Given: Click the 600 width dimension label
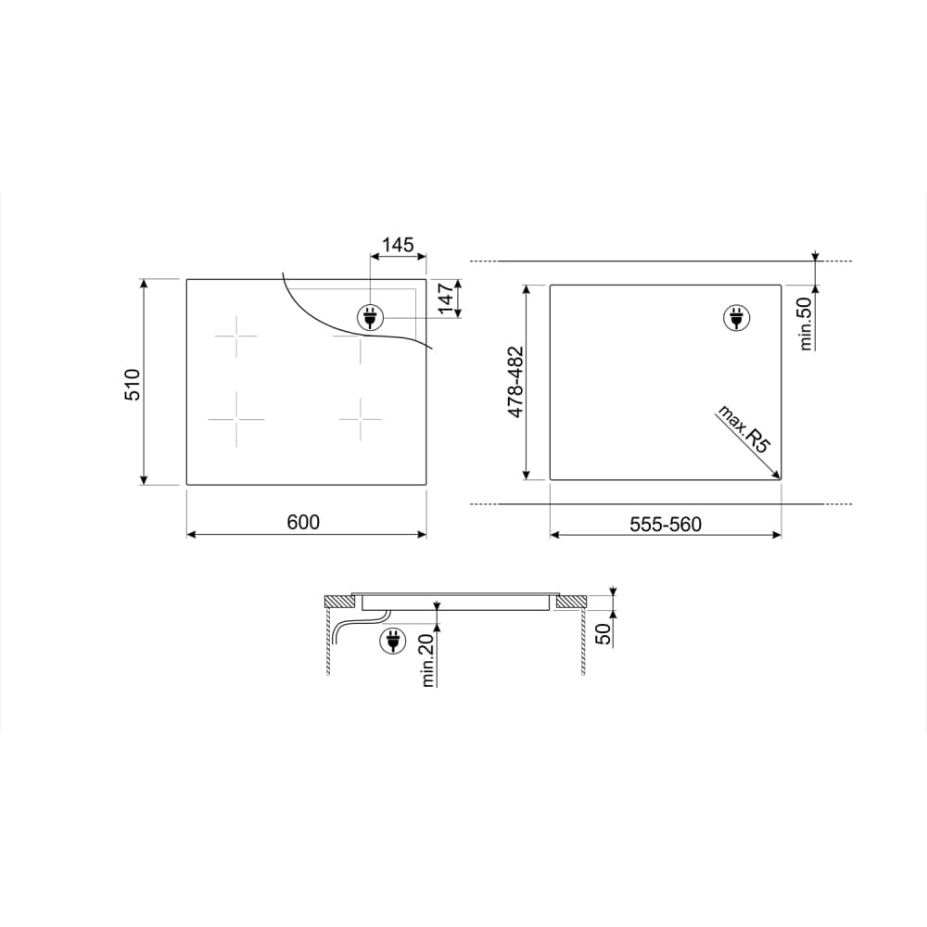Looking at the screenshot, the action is pyautogui.click(x=303, y=522).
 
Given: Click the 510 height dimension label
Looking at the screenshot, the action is pyautogui.click(x=133, y=385).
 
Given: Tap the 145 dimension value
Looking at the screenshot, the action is pyautogui.click(x=398, y=245).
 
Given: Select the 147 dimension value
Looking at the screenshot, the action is pyautogui.click(x=446, y=298).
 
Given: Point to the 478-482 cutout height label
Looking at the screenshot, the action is pyautogui.click(x=516, y=382).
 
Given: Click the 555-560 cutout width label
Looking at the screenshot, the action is pyautogui.click(x=665, y=525).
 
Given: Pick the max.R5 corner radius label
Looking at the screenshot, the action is pyautogui.click(x=744, y=429).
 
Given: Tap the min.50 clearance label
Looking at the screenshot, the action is pyautogui.click(x=805, y=324).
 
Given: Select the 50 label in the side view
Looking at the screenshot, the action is pyautogui.click(x=603, y=634).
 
